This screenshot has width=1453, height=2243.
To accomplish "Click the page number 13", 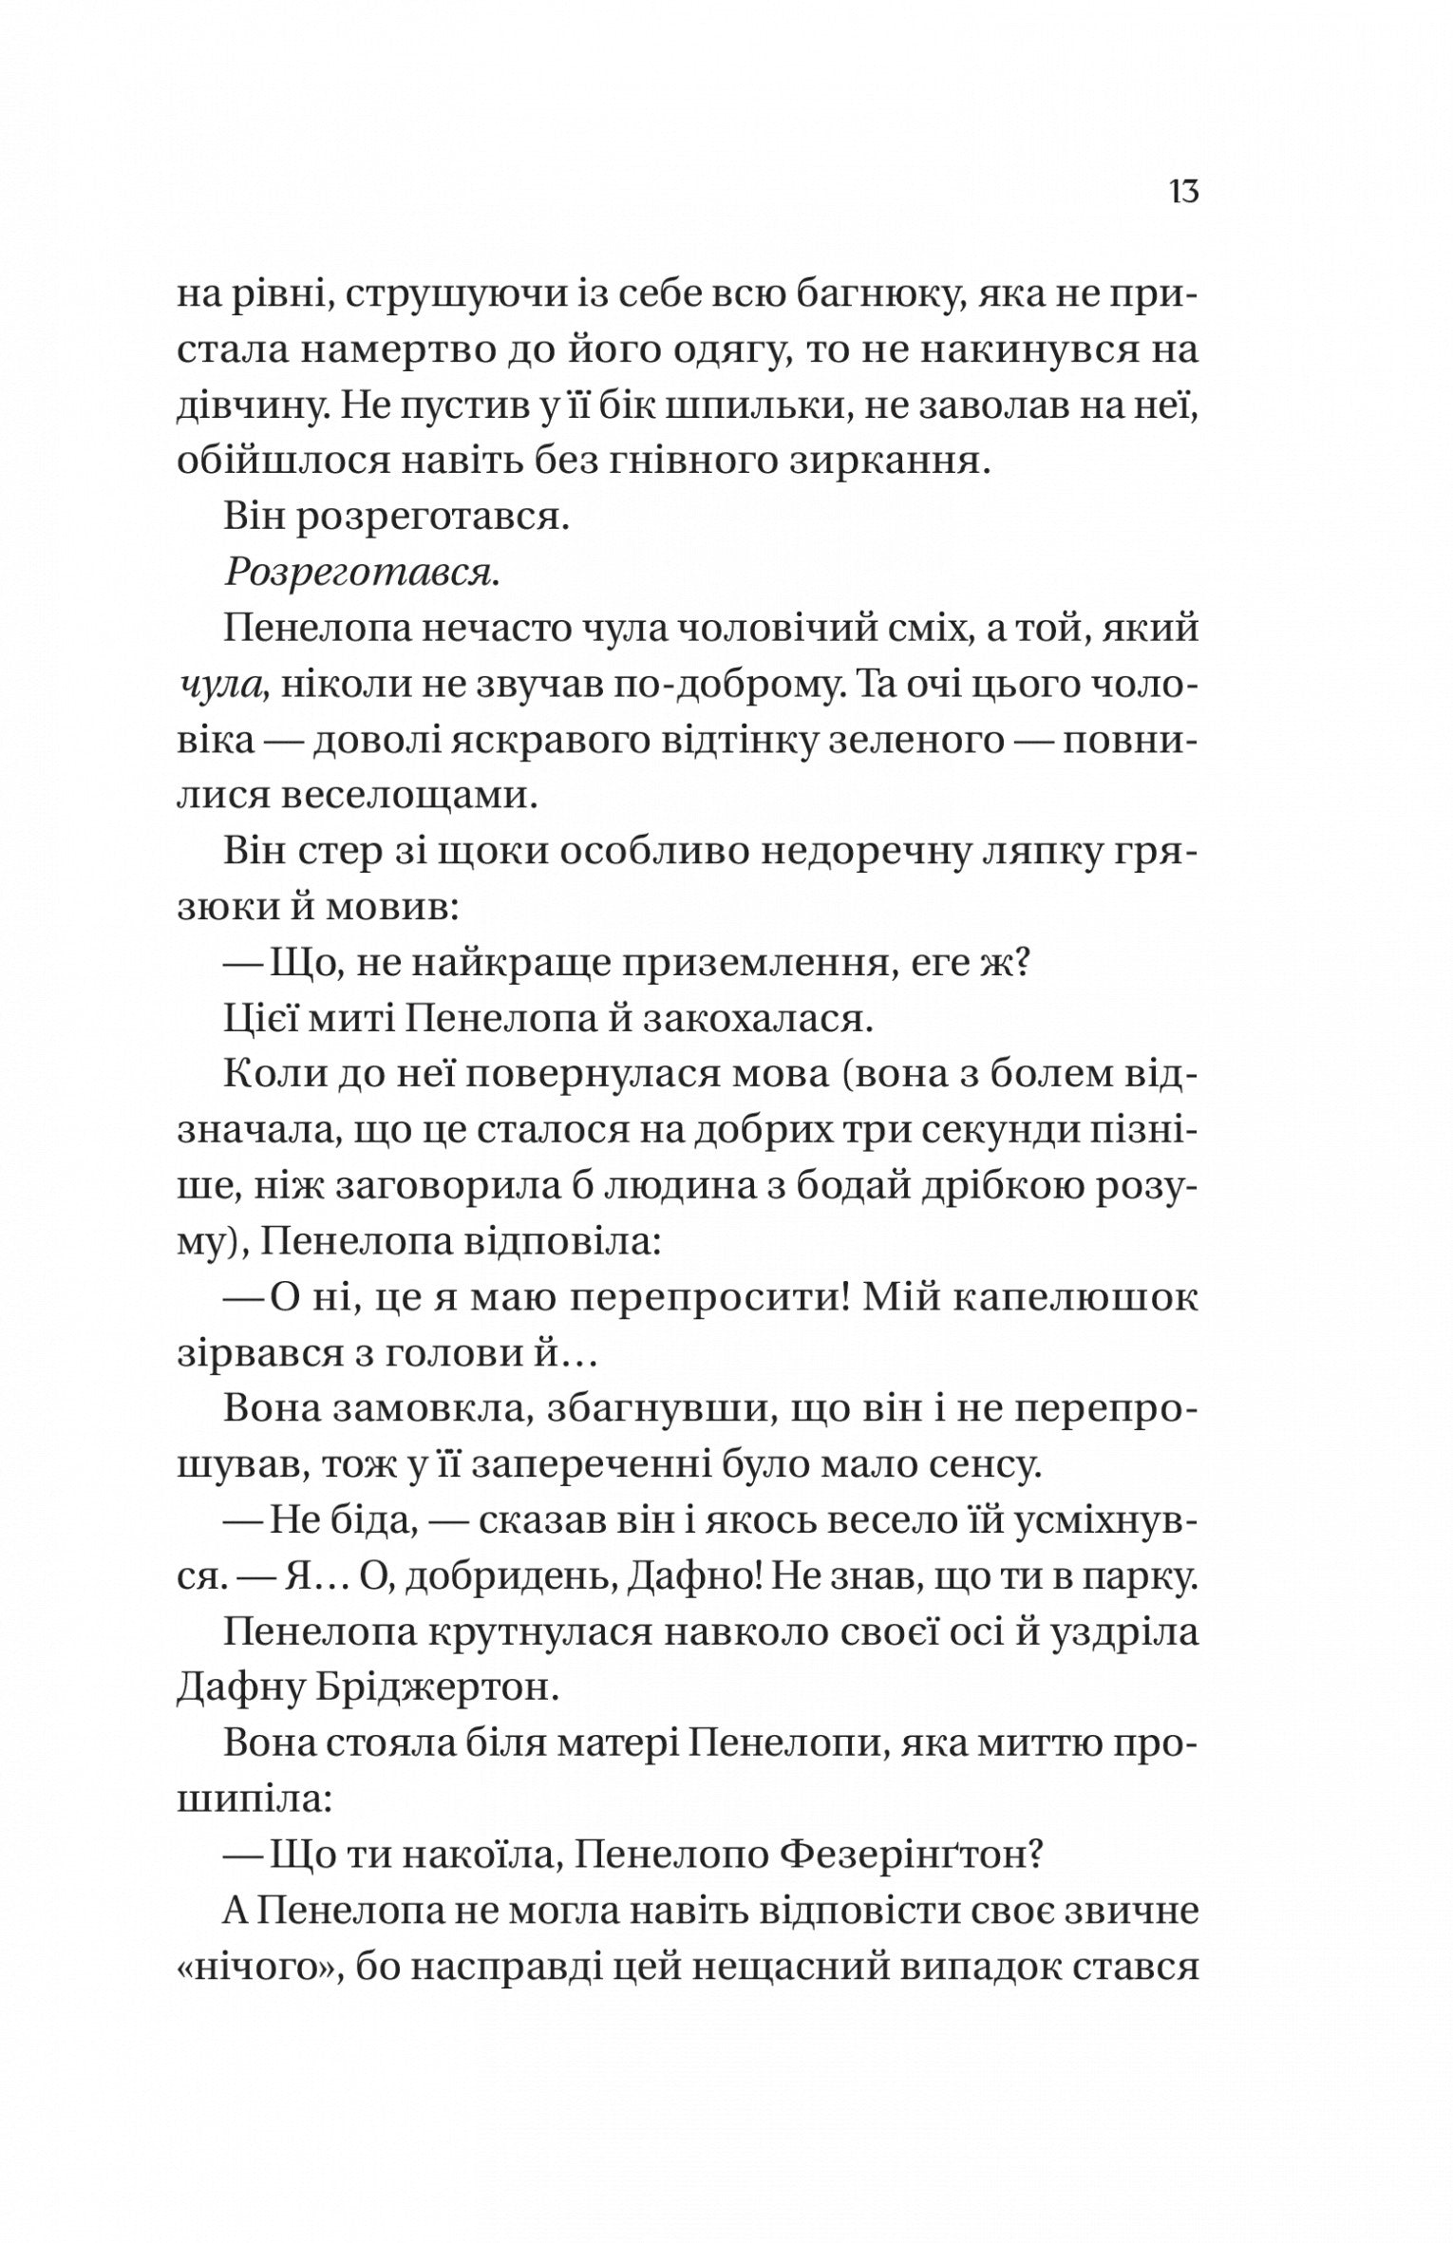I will coord(1184,193).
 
